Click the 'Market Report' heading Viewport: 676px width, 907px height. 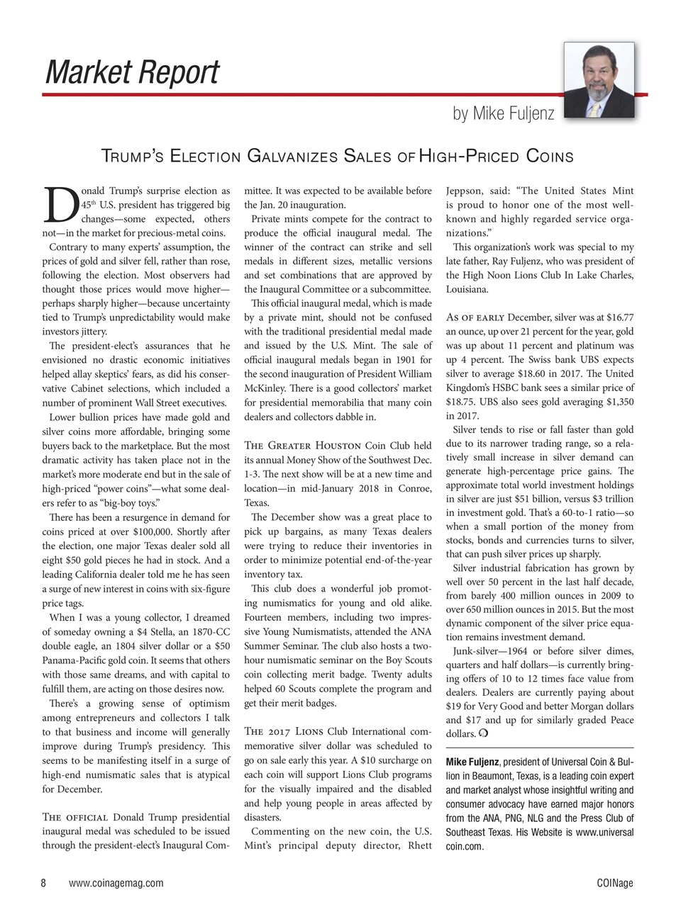tap(132, 72)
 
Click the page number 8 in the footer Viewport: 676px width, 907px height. tap(43, 883)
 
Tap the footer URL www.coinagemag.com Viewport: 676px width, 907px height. tap(116, 883)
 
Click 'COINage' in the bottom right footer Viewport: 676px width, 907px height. tap(615, 883)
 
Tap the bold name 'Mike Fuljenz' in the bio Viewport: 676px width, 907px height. tap(472, 762)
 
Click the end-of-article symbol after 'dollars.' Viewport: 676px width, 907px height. tap(482, 734)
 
